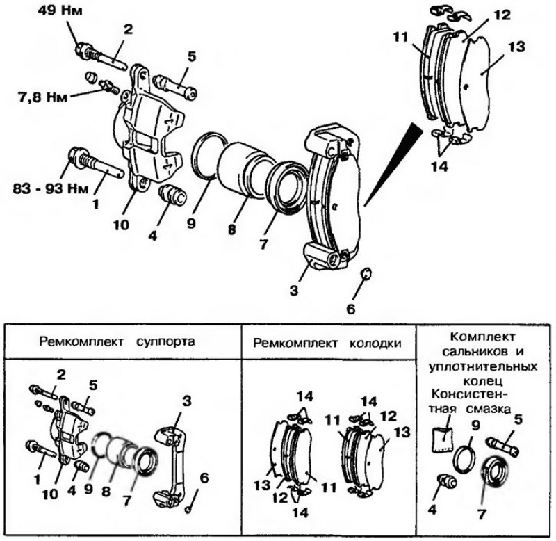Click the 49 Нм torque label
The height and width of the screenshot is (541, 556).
tap(60, 10)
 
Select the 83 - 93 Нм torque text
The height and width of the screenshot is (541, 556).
tap(50, 188)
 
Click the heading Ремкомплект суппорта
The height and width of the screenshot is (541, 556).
tap(117, 341)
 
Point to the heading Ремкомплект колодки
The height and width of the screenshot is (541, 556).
tap(327, 344)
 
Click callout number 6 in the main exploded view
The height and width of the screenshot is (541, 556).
tap(350, 309)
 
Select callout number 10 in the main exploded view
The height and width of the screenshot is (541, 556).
tap(121, 225)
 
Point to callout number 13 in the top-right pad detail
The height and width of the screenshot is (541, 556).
tap(516, 47)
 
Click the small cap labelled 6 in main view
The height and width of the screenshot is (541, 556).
tap(366, 273)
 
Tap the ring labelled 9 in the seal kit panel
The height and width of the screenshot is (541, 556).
tap(464, 460)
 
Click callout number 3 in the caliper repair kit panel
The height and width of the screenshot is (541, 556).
tap(186, 401)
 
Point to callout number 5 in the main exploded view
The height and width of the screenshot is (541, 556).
tap(192, 57)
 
